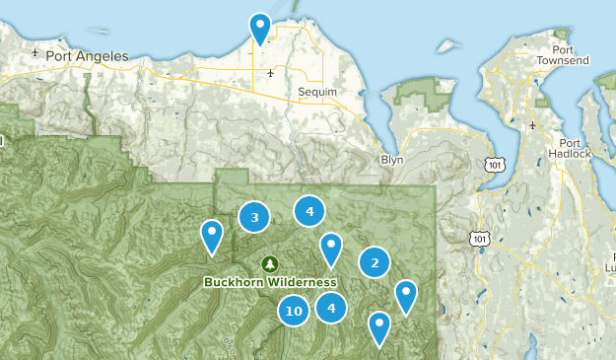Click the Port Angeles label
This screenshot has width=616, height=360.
click(95, 56)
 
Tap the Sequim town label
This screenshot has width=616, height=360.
click(317, 92)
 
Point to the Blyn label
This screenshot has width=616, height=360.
click(392, 159)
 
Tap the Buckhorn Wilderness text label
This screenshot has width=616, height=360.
click(270, 282)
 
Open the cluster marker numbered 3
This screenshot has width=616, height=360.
click(254, 217)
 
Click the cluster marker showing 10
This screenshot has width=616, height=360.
click(293, 312)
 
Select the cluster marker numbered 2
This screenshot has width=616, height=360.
click(375, 262)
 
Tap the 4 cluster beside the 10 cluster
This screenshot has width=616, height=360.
click(331, 308)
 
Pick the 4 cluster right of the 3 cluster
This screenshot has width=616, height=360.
click(309, 210)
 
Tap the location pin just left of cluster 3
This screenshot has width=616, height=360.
click(212, 236)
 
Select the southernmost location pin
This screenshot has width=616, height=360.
click(379, 327)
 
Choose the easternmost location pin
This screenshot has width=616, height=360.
click(406, 296)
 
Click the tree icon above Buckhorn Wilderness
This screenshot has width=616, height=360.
click(270, 264)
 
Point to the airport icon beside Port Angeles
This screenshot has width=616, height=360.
click(35, 52)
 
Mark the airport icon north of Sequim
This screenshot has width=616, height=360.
click(269, 73)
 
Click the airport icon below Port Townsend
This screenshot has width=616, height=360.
click(534, 125)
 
